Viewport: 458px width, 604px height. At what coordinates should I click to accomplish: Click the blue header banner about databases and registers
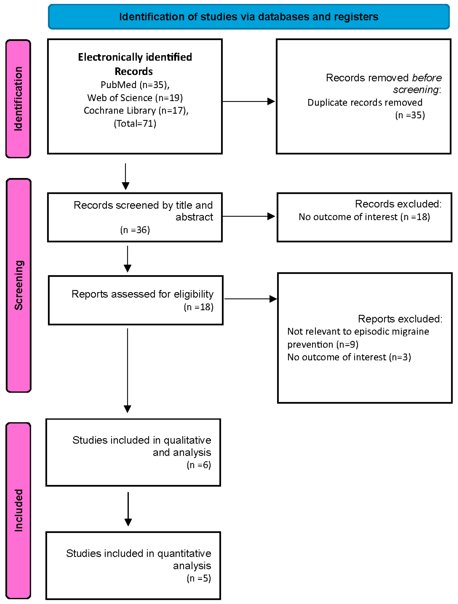tap(249, 17)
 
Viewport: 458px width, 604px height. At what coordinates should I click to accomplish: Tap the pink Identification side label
tap(18, 99)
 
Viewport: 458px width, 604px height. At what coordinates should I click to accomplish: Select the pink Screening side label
tap(19, 285)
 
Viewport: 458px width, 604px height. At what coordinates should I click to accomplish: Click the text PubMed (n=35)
tap(135, 85)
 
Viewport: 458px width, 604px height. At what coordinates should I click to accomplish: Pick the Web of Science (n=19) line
tap(135, 98)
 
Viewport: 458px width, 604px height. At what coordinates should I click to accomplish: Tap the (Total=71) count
tap(135, 123)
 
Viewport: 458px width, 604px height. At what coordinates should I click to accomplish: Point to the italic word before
tap(427, 78)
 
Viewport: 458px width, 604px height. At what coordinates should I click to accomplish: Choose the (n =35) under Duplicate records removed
tap(410, 115)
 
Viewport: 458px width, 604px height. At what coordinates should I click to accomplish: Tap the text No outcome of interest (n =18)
tap(364, 217)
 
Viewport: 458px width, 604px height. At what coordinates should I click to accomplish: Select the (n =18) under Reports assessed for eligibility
tap(199, 307)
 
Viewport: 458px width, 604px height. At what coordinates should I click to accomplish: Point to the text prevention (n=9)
tap(323, 344)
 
